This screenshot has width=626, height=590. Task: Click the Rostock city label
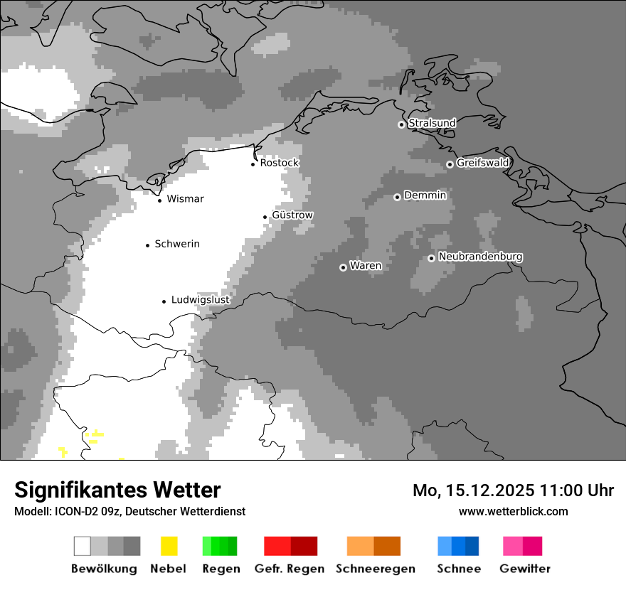(x=279, y=163)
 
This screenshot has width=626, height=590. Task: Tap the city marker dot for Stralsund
(x=401, y=124)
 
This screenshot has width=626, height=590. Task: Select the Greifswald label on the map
(x=482, y=163)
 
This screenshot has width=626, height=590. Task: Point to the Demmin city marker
(x=397, y=197)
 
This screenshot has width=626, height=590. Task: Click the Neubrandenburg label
(x=480, y=257)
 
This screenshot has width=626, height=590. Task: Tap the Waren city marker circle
(x=343, y=267)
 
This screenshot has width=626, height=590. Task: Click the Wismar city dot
(x=159, y=200)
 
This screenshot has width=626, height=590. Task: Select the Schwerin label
(x=176, y=244)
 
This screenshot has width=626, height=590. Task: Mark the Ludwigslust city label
(x=200, y=300)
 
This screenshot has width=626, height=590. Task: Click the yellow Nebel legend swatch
(x=169, y=546)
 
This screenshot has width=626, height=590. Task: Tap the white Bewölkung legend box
(x=82, y=546)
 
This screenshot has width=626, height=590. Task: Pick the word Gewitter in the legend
(x=524, y=569)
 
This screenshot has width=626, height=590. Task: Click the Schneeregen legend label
(x=375, y=569)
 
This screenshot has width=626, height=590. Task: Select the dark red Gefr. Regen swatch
(x=304, y=546)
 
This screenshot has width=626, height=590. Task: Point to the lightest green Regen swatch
(x=206, y=546)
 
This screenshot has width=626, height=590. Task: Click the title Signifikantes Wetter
(x=117, y=490)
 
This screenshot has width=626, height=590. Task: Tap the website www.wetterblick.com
(x=513, y=511)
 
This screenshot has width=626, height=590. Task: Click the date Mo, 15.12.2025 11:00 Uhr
(x=513, y=490)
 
